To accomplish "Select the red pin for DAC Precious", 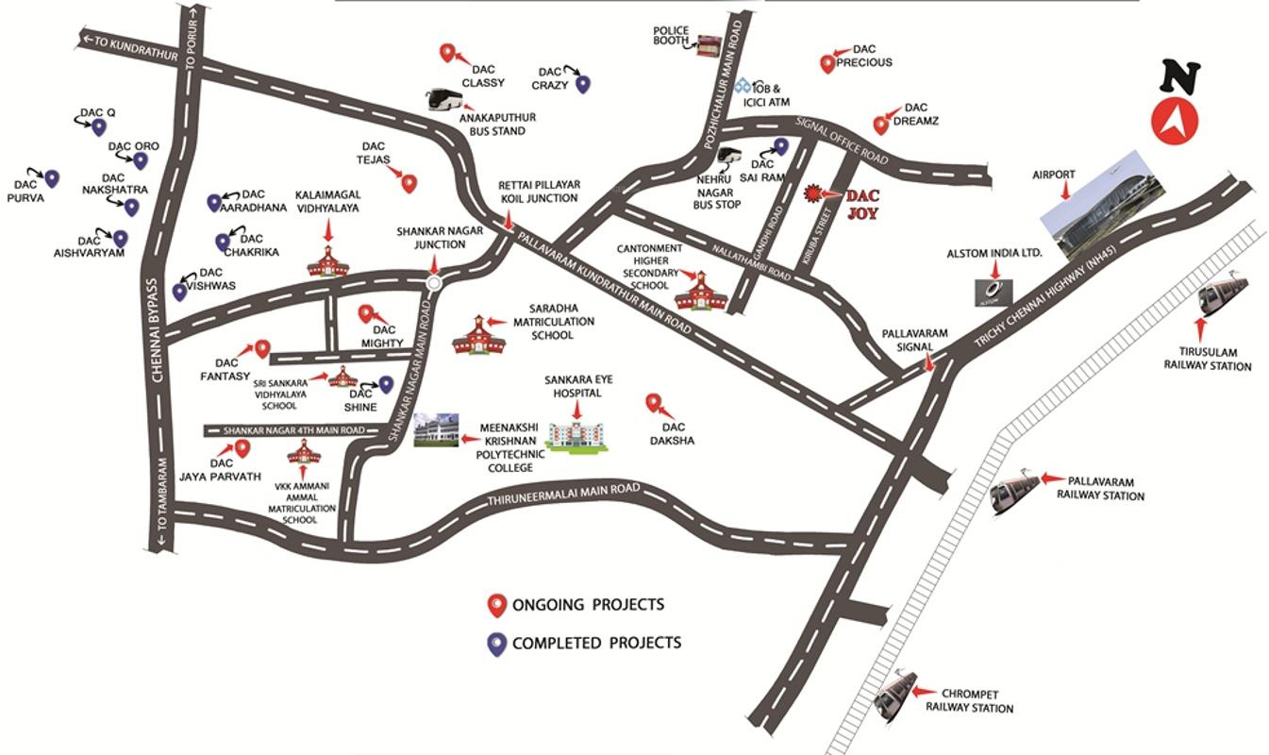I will point(827,63).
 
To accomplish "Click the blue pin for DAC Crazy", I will point(583,84).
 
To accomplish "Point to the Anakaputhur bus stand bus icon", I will point(442,99).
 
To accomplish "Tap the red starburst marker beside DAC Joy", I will point(810,193).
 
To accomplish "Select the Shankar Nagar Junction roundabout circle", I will point(434,282).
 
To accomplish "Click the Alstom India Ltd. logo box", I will point(993,292).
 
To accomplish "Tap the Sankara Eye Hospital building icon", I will point(577,433).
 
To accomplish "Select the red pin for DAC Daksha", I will point(652,403).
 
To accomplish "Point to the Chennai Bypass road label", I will point(159,327).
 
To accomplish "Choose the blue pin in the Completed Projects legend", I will point(495,644).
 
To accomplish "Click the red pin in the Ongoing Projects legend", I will point(495,605).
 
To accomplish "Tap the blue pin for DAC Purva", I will point(52,178).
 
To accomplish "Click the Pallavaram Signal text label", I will point(914,340).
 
